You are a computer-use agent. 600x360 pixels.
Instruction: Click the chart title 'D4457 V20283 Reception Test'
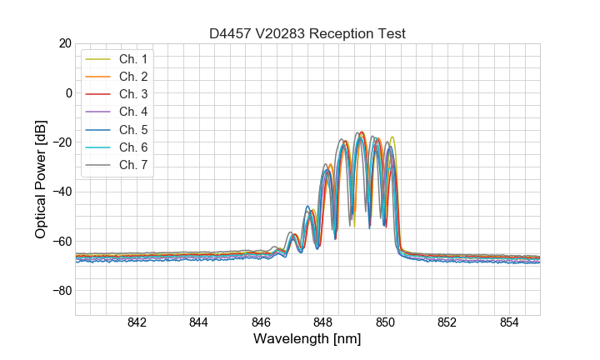pos(307,33)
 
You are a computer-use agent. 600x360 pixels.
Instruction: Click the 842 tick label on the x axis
pos(137,323)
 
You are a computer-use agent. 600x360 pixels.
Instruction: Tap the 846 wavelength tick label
pos(261,323)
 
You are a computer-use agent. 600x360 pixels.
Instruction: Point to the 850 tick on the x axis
pos(385,323)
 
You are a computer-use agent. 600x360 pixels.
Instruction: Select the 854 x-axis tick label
pos(509,323)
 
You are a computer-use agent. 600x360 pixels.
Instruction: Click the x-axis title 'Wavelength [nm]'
pos(307,339)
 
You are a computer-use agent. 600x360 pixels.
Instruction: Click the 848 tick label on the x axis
pos(323,323)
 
